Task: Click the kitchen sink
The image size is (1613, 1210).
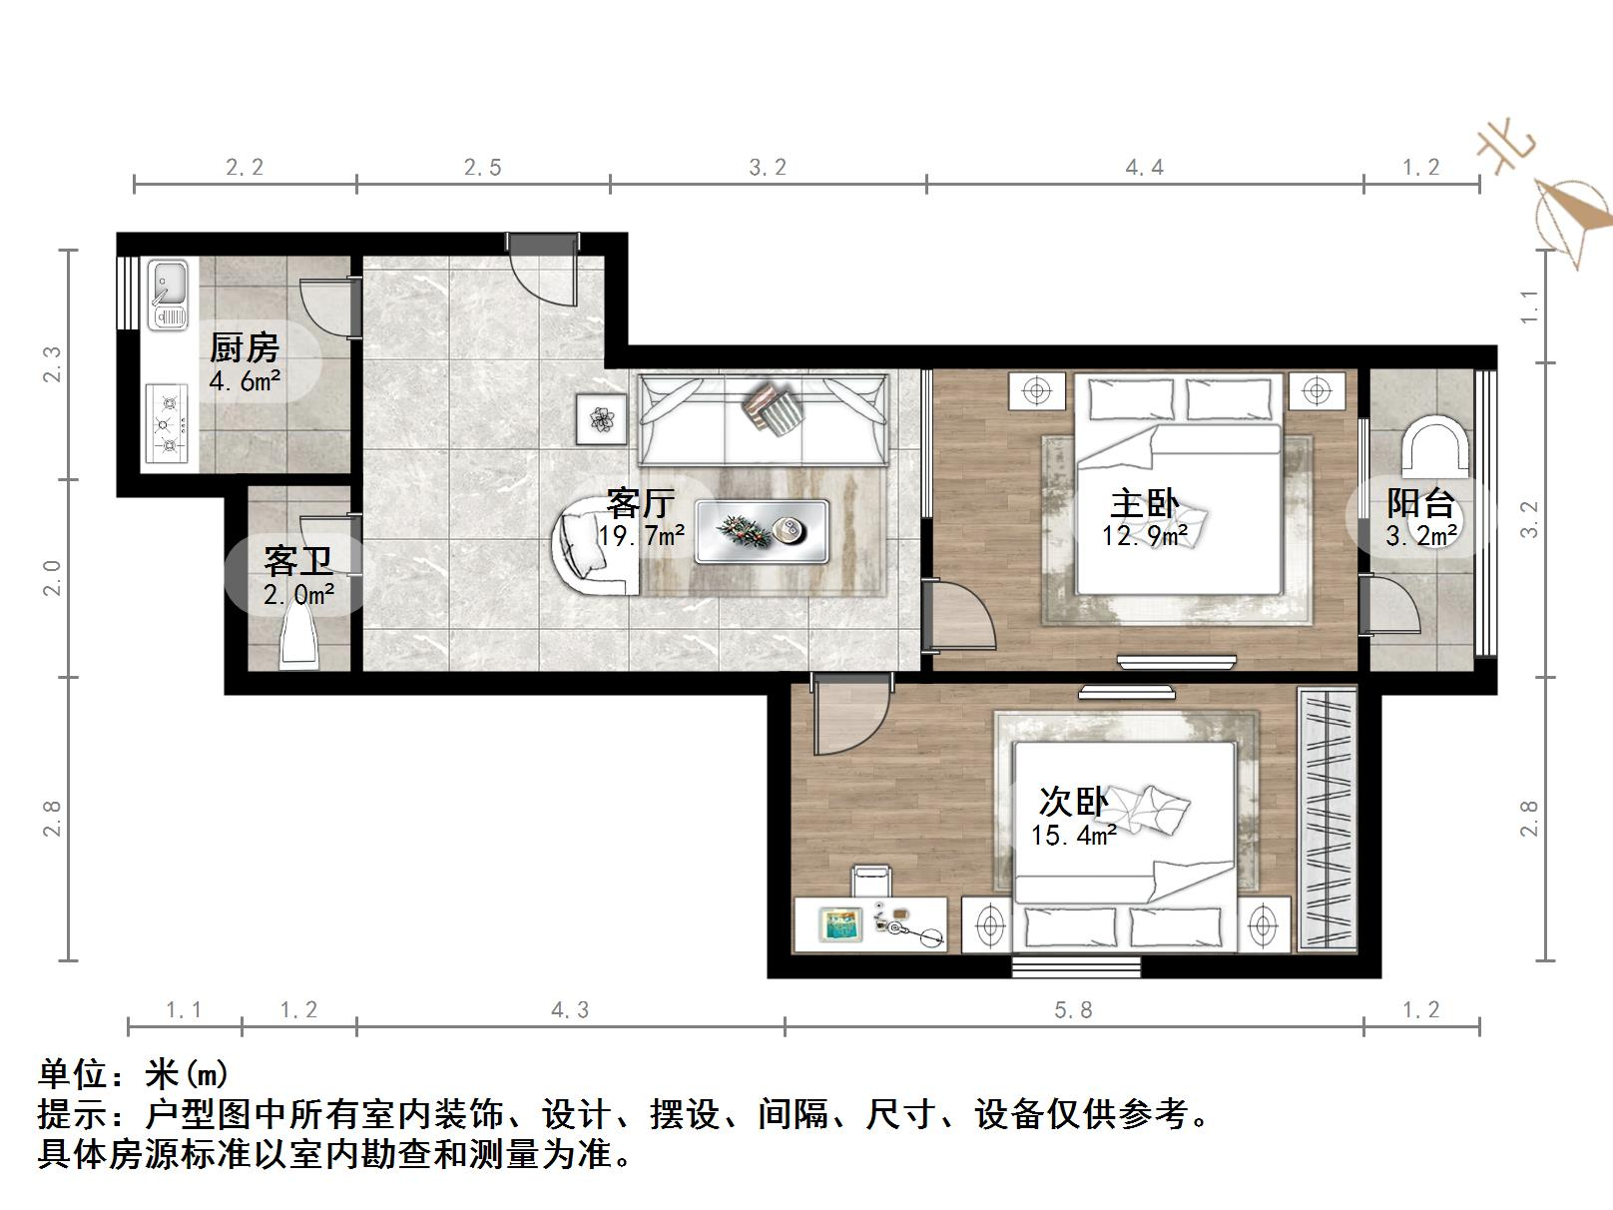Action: click(x=168, y=295)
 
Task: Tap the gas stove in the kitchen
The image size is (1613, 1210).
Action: click(x=168, y=424)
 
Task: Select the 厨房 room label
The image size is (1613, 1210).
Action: click(x=244, y=347)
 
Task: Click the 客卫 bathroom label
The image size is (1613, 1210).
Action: click(x=297, y=561)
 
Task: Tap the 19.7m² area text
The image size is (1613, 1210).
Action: click(x=642, y=536)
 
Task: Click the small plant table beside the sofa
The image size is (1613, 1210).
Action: click(x=601, y=419)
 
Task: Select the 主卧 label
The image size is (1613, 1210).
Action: click(x=1144, y=503)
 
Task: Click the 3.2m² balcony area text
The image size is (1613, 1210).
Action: click(x=1421, y=536)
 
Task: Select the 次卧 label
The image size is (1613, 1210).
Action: click(x=1073, y=802)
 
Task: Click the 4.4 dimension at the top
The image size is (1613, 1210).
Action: click(x=1145, y=168)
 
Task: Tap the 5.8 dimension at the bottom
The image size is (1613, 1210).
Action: click(x=1073, y=1010)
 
